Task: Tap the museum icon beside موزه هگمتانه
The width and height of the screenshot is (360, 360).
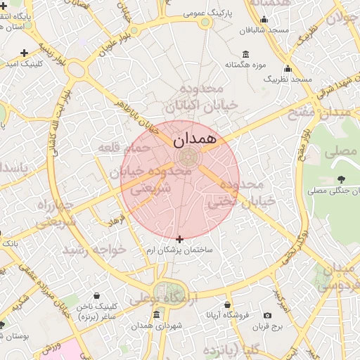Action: [245, 54]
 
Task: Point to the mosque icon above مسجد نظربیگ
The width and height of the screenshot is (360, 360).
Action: [288, 69]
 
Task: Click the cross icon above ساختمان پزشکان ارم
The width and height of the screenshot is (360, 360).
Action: [179, 239]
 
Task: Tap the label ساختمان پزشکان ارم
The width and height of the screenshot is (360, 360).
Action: [179, 250]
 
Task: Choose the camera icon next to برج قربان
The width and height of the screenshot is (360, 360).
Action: [267, 315]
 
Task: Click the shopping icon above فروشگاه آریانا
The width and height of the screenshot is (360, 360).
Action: [227, 304]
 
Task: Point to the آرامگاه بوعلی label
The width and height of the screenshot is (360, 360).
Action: [161, 299]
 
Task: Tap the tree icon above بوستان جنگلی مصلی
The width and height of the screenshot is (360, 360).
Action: [340, 179]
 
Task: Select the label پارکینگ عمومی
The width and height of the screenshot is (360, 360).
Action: [205, 12]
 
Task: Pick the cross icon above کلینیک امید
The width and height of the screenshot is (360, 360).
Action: [25, 52]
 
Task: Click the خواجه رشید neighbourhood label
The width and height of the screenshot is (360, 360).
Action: [94, 250]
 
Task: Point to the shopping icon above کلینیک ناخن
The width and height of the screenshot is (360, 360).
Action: [96, 296]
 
